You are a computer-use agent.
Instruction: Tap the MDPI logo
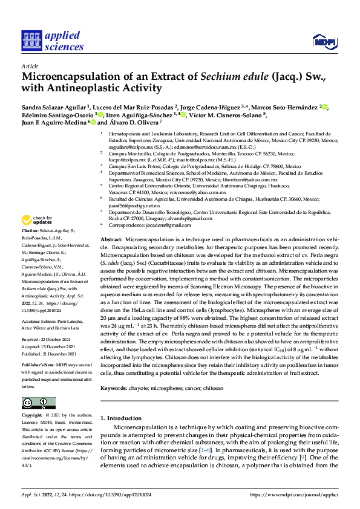[x=324, y=42]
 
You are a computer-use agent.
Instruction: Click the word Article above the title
[x=30, y=66]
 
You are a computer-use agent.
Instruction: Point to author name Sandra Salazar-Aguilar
[x=53, y=107]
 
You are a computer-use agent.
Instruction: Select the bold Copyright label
[x=33, y=416]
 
